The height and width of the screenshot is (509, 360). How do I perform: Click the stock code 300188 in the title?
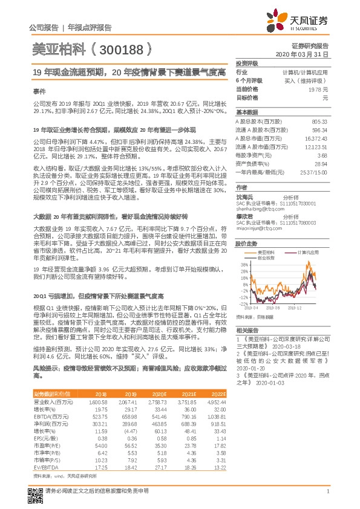[119, 48]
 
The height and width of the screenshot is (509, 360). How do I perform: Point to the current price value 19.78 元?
[318, 89]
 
